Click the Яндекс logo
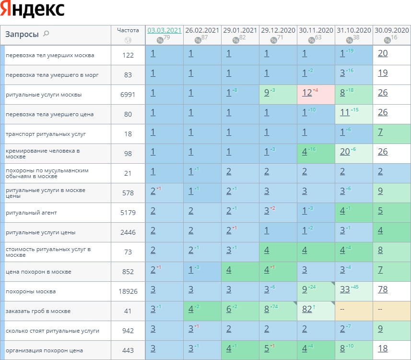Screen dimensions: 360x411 point(33,10)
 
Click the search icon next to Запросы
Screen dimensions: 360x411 point(46,34)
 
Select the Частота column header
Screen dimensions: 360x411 point(128,30)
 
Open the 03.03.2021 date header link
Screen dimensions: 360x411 point(164,30)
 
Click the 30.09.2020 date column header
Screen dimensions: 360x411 point(392,30)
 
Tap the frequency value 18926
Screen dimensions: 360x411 point(128,291)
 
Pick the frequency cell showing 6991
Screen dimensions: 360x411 point(128,95)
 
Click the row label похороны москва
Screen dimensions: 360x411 point(31,291)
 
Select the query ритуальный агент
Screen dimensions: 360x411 point(32,213)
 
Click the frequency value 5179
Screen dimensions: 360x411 point(128,213)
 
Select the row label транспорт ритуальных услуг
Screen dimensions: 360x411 point(39,134)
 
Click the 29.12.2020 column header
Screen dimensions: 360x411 point(278,30)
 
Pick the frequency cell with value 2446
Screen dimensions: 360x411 point(128,232)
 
